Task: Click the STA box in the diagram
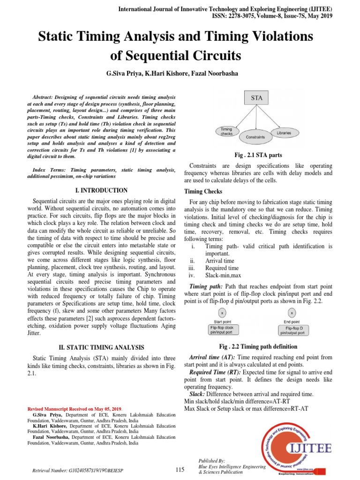click(256, 98)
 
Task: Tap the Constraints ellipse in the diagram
click(255, 137)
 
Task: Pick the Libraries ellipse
click(284, 133)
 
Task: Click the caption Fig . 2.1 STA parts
click(258, 155)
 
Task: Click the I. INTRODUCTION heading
click(101, 190)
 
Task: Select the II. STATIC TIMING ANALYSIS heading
click(101, 347)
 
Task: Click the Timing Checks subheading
click(203, 192)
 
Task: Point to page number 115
click(180, 470)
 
